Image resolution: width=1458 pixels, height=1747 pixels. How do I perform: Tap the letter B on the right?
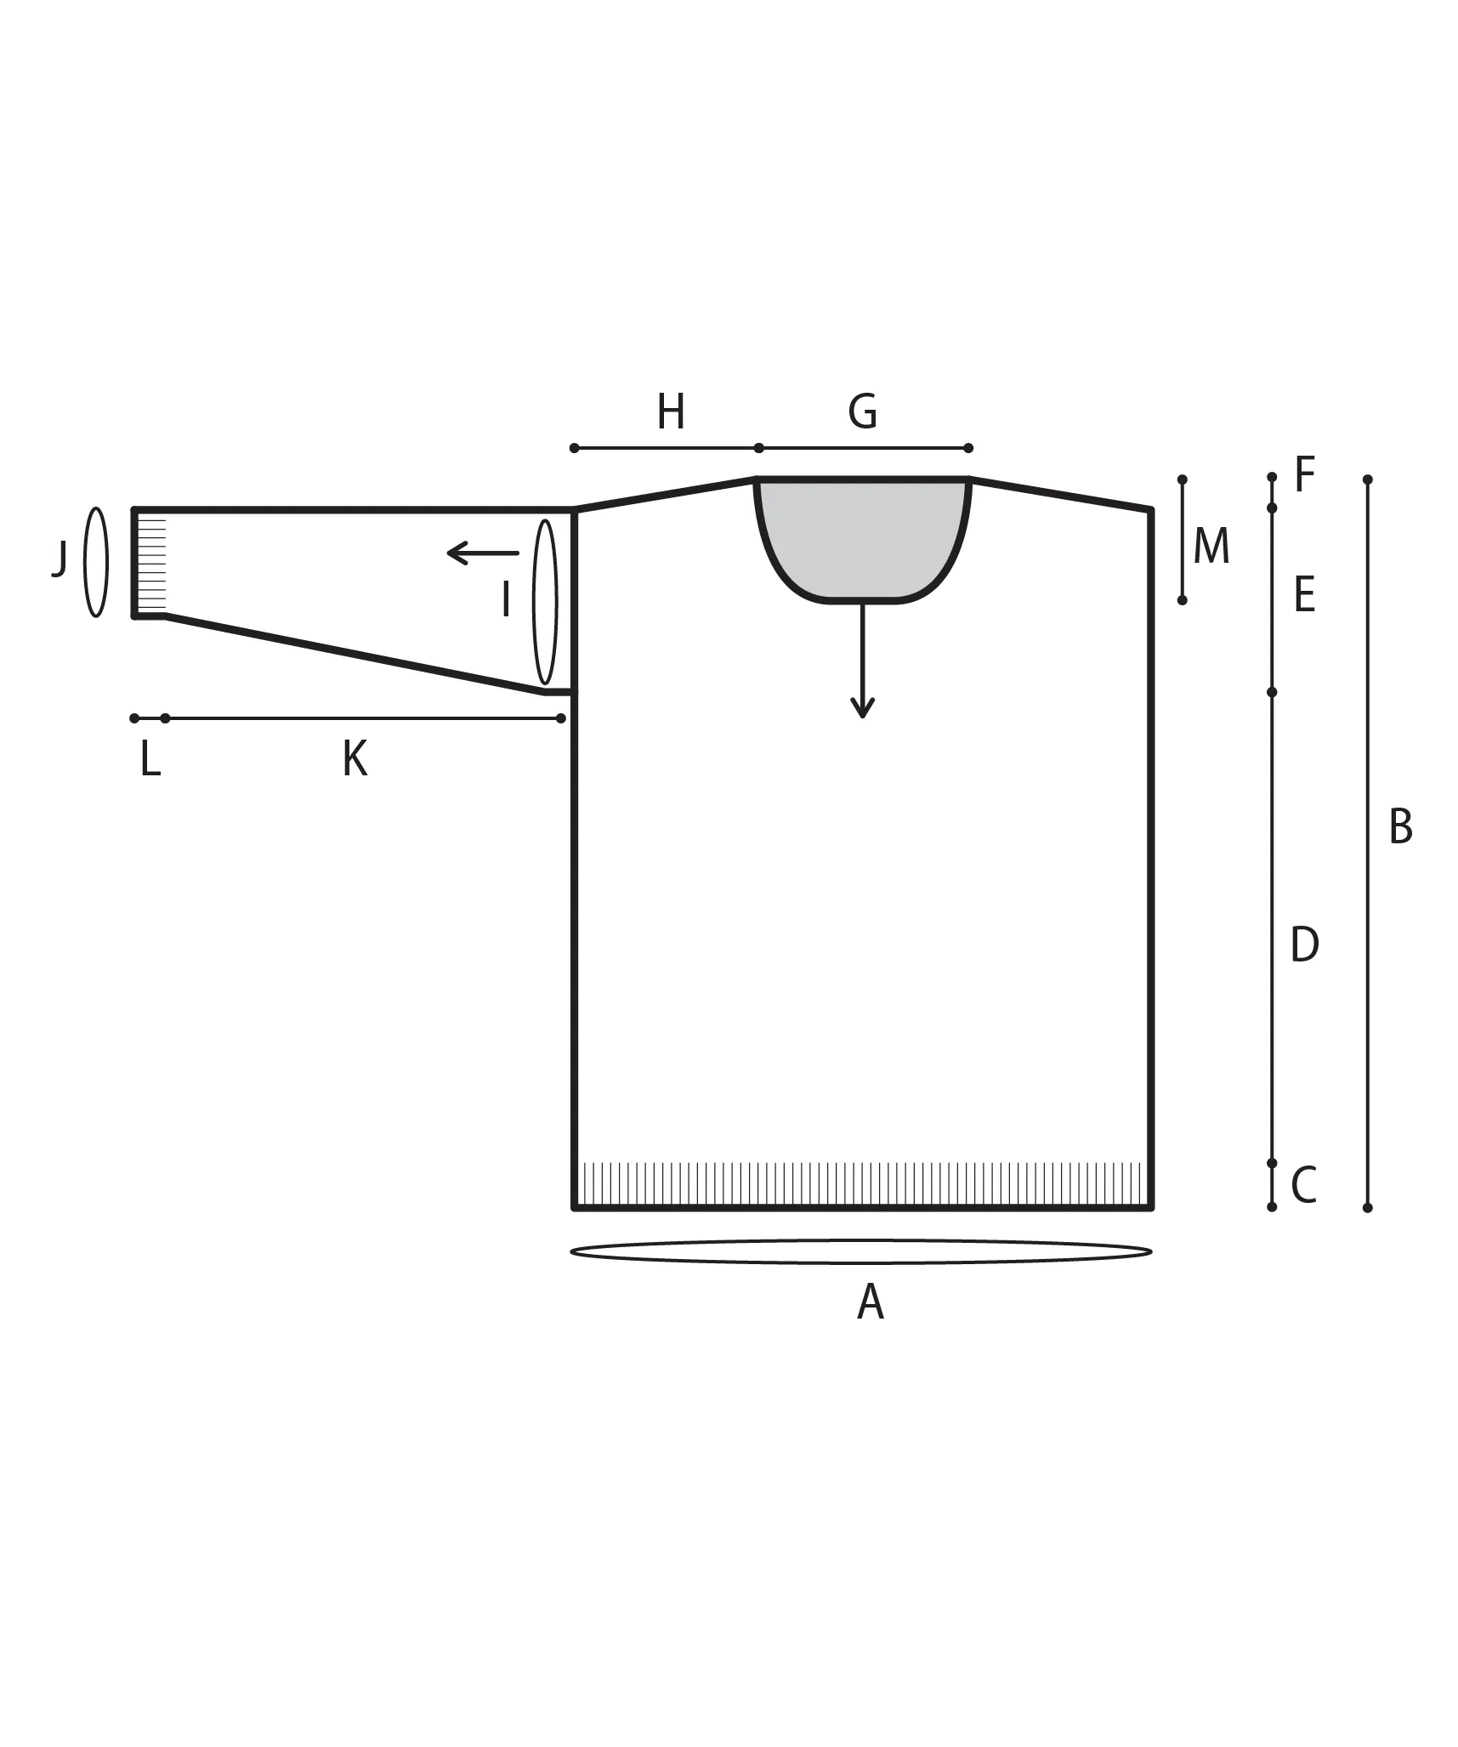1400,826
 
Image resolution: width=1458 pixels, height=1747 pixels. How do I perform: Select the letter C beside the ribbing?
1303,1185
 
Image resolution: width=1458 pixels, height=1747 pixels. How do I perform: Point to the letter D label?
1304,944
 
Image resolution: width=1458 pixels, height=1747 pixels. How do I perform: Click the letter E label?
1304,594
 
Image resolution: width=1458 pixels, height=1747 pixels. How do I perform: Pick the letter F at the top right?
1304,474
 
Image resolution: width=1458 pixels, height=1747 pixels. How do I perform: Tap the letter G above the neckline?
862,411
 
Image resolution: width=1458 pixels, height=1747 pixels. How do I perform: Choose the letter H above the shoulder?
671,412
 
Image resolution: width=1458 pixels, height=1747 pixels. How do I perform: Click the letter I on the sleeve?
506,599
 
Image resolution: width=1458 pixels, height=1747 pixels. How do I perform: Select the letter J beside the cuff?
59,559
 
